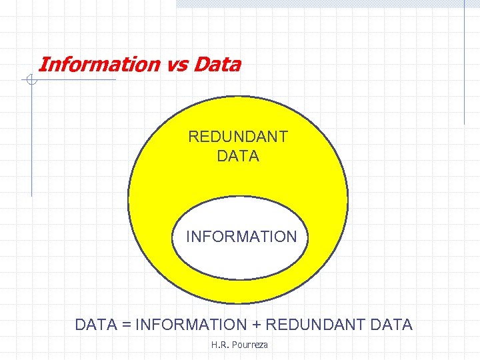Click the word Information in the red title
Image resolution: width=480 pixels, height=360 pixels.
[x=99, y=65]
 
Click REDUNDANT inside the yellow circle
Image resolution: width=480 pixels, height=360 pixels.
[x=238, y=137]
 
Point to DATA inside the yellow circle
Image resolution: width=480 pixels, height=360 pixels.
[x=238, y=157]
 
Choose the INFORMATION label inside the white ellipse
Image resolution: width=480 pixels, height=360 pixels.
[x=241, y=237]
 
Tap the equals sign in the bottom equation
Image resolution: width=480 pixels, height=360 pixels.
[x=127, y=325]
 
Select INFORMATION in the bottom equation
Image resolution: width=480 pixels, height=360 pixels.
[x=191, y=325]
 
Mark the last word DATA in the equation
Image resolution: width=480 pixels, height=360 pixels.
[x=391, y=325]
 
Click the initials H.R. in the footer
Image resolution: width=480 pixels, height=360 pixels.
[x=219, y=345]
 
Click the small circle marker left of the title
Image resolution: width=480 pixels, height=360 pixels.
[x=31, y=81]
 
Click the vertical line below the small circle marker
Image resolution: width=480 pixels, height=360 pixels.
[x=31, y=140]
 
